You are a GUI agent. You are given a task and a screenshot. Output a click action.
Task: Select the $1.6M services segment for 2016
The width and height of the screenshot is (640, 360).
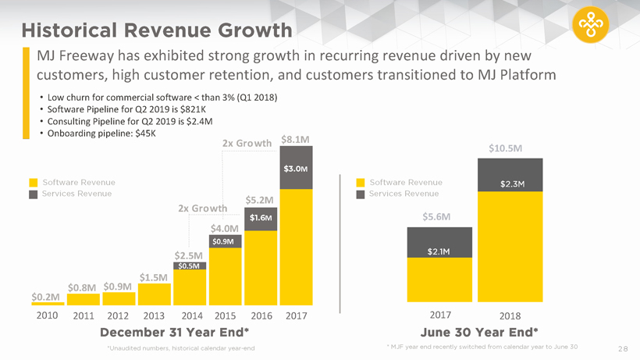pos(261,217)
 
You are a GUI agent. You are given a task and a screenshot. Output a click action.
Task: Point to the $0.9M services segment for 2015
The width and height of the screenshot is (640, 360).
pos(226,242)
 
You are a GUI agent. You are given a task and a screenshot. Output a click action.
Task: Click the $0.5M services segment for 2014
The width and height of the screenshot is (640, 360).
pos(190,266)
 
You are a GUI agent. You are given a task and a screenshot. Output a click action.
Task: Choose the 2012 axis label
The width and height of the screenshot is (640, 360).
pos(118,316)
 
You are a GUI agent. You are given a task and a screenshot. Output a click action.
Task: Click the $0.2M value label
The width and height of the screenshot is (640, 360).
pos(46,297)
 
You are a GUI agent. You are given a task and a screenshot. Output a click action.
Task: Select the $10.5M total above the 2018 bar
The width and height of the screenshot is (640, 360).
pos(506,148)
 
